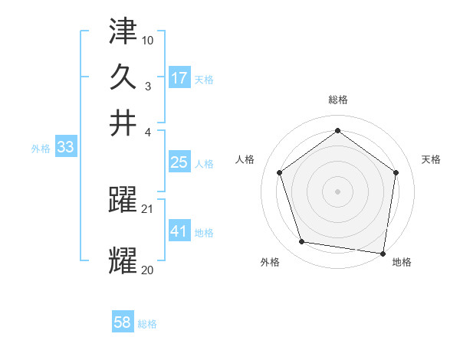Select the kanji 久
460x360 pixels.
tap(123, 77)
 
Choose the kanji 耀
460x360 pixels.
tap(123, 261)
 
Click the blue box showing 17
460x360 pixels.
tap(179, 78)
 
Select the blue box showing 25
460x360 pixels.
tap(179, 162)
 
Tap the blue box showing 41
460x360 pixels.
tap(179, 231)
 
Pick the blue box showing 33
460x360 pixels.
tap(65, 147)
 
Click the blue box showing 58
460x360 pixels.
tap(123, 323)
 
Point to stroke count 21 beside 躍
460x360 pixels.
tap(148, 208)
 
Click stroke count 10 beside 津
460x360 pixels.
tap(148, 40)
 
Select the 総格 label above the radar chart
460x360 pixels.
tap(337, 100)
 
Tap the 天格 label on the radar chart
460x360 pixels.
tap(431, 159)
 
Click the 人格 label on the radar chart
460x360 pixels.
tap(245, 159)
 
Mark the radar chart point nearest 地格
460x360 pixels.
tap(382, 253)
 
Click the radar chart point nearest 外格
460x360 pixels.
tap(302, 242)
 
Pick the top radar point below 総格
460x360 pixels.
tap(337, 131)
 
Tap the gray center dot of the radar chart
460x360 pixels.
tap(337, 191)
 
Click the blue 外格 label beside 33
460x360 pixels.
tap(41, 149)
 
